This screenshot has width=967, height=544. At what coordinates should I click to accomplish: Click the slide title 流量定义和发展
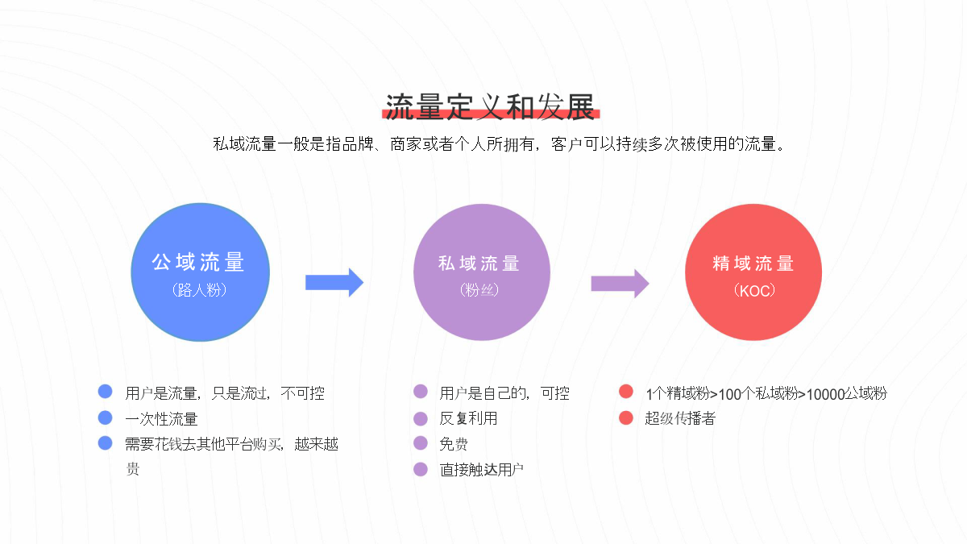coord(491,107)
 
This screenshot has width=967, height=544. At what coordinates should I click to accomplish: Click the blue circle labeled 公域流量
coord(201,272)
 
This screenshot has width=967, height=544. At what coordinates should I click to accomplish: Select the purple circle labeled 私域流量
coord(482,272)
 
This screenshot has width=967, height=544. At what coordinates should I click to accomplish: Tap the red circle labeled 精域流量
coord(753,272)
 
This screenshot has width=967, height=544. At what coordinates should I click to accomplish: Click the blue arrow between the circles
coord(334,283)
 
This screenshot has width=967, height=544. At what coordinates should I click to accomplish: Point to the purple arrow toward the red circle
coord(620,284)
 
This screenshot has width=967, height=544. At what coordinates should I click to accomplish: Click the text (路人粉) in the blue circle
coord(200,289)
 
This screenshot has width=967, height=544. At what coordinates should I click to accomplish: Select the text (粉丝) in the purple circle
coord(479,289)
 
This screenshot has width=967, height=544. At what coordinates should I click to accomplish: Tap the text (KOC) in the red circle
coord(754,291)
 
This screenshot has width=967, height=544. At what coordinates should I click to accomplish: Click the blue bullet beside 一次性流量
coord(106,417)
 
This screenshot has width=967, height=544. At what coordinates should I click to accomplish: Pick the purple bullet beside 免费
coord(421,443)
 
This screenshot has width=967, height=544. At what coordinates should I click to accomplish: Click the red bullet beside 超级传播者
coord(626,417)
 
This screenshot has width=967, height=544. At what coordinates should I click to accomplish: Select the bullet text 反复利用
coord(468,418)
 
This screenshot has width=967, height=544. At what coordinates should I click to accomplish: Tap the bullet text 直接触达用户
coord(482,469)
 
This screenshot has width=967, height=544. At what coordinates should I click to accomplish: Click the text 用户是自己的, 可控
coord(504,393)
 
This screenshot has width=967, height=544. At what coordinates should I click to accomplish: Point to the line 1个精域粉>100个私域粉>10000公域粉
coord(766,394)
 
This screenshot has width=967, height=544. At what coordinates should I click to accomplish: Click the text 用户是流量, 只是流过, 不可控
coord(225,393)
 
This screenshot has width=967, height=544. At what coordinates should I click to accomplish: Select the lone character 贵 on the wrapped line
coord(132,469)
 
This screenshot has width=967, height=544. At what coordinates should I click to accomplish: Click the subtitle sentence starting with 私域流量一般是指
coord(499,144)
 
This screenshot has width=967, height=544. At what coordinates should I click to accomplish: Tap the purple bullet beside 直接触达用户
coord(421,469)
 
